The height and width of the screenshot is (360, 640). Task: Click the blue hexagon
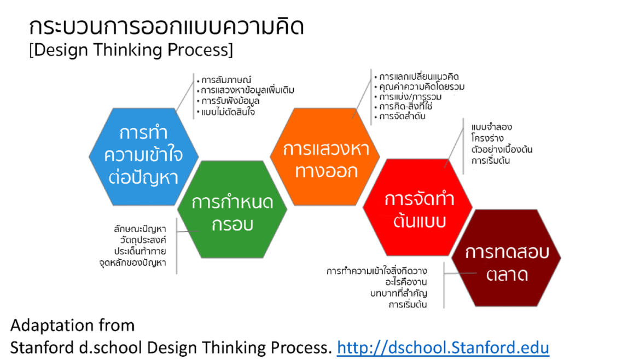144,156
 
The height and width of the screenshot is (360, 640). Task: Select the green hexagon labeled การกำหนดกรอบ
232,209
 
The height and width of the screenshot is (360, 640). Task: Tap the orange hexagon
325,156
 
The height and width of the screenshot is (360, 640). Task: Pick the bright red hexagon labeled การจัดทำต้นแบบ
417,207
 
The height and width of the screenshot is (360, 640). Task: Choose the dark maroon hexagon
506,258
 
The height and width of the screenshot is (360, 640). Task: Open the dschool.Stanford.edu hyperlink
443,348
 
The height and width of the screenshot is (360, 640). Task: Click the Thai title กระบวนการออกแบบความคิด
166,27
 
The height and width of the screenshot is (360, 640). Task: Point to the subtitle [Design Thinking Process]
131,50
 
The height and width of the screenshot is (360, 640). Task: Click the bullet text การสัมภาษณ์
226,79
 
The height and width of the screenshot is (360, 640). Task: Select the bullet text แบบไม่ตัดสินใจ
228,112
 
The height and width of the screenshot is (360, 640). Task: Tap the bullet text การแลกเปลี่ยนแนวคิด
419,77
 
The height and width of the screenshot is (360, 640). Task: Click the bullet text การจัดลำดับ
402,117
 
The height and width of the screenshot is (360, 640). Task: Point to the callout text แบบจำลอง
491,127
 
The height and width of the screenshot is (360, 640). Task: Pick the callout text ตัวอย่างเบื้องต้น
502,149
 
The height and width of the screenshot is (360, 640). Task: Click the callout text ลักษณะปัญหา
140,229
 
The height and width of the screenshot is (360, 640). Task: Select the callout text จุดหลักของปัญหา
133,263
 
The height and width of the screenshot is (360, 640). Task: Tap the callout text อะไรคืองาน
406,282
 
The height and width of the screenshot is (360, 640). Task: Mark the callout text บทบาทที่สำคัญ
399,293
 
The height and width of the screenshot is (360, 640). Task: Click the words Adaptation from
73,326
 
